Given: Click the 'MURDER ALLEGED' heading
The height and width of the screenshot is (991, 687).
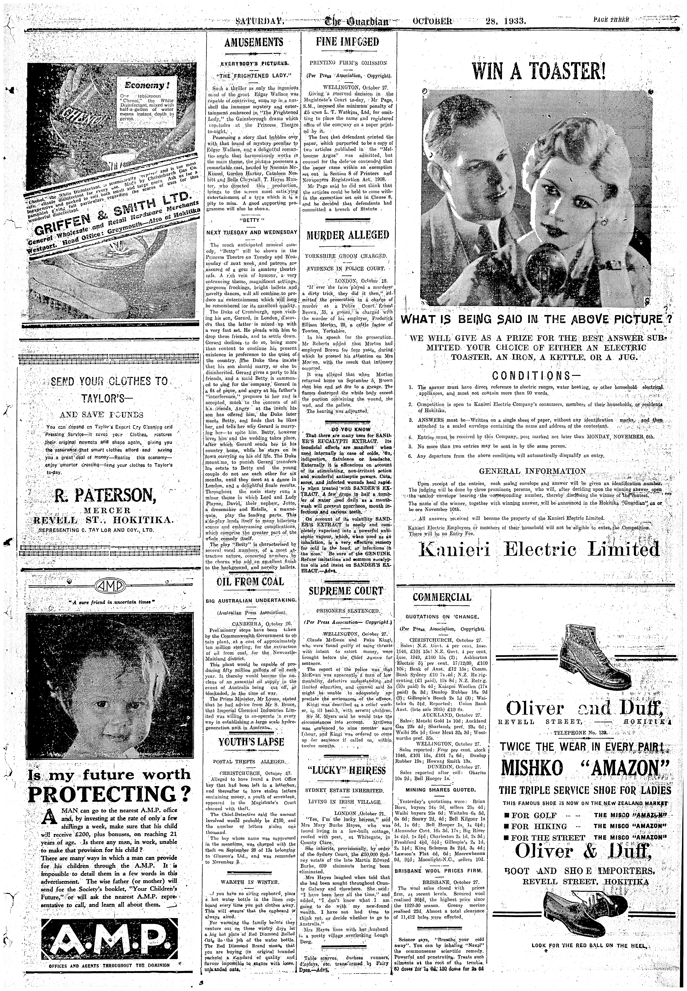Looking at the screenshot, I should [x=347, y=235].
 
